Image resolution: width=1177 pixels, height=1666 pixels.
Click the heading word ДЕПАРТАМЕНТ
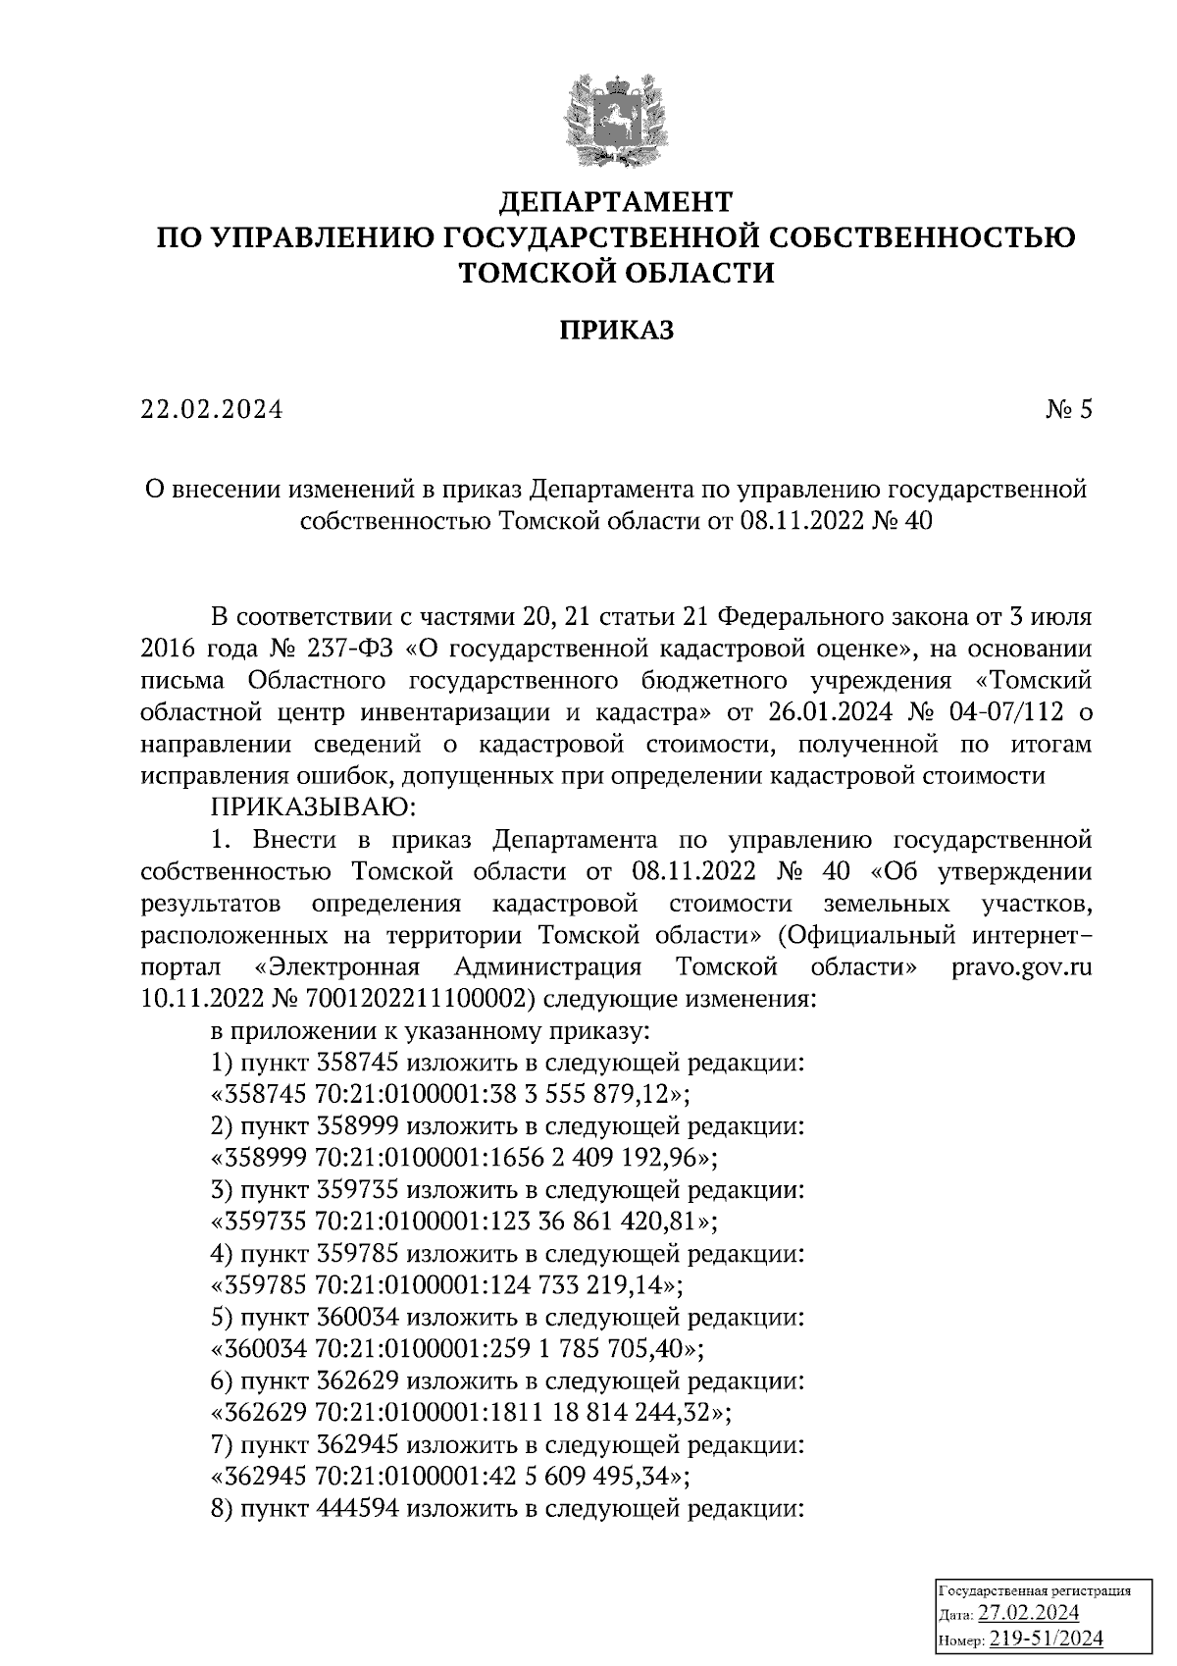[x=616, y=202]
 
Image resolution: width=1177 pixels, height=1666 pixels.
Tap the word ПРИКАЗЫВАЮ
[x=314, y=807]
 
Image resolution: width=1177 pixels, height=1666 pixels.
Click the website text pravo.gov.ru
[x=1021, y=966]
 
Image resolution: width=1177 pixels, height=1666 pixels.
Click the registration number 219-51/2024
[x=1046, y=1639]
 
